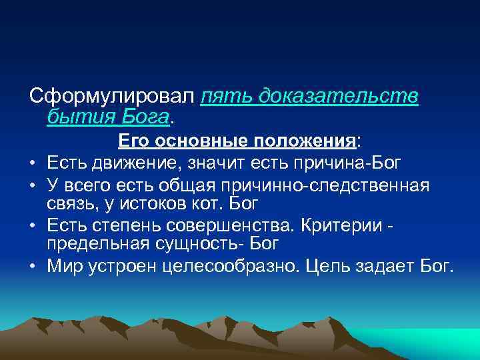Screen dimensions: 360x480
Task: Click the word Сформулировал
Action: point(113,96)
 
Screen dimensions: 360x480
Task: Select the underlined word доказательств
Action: point(341,96)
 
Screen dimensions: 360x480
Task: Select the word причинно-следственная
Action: point(343,183)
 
